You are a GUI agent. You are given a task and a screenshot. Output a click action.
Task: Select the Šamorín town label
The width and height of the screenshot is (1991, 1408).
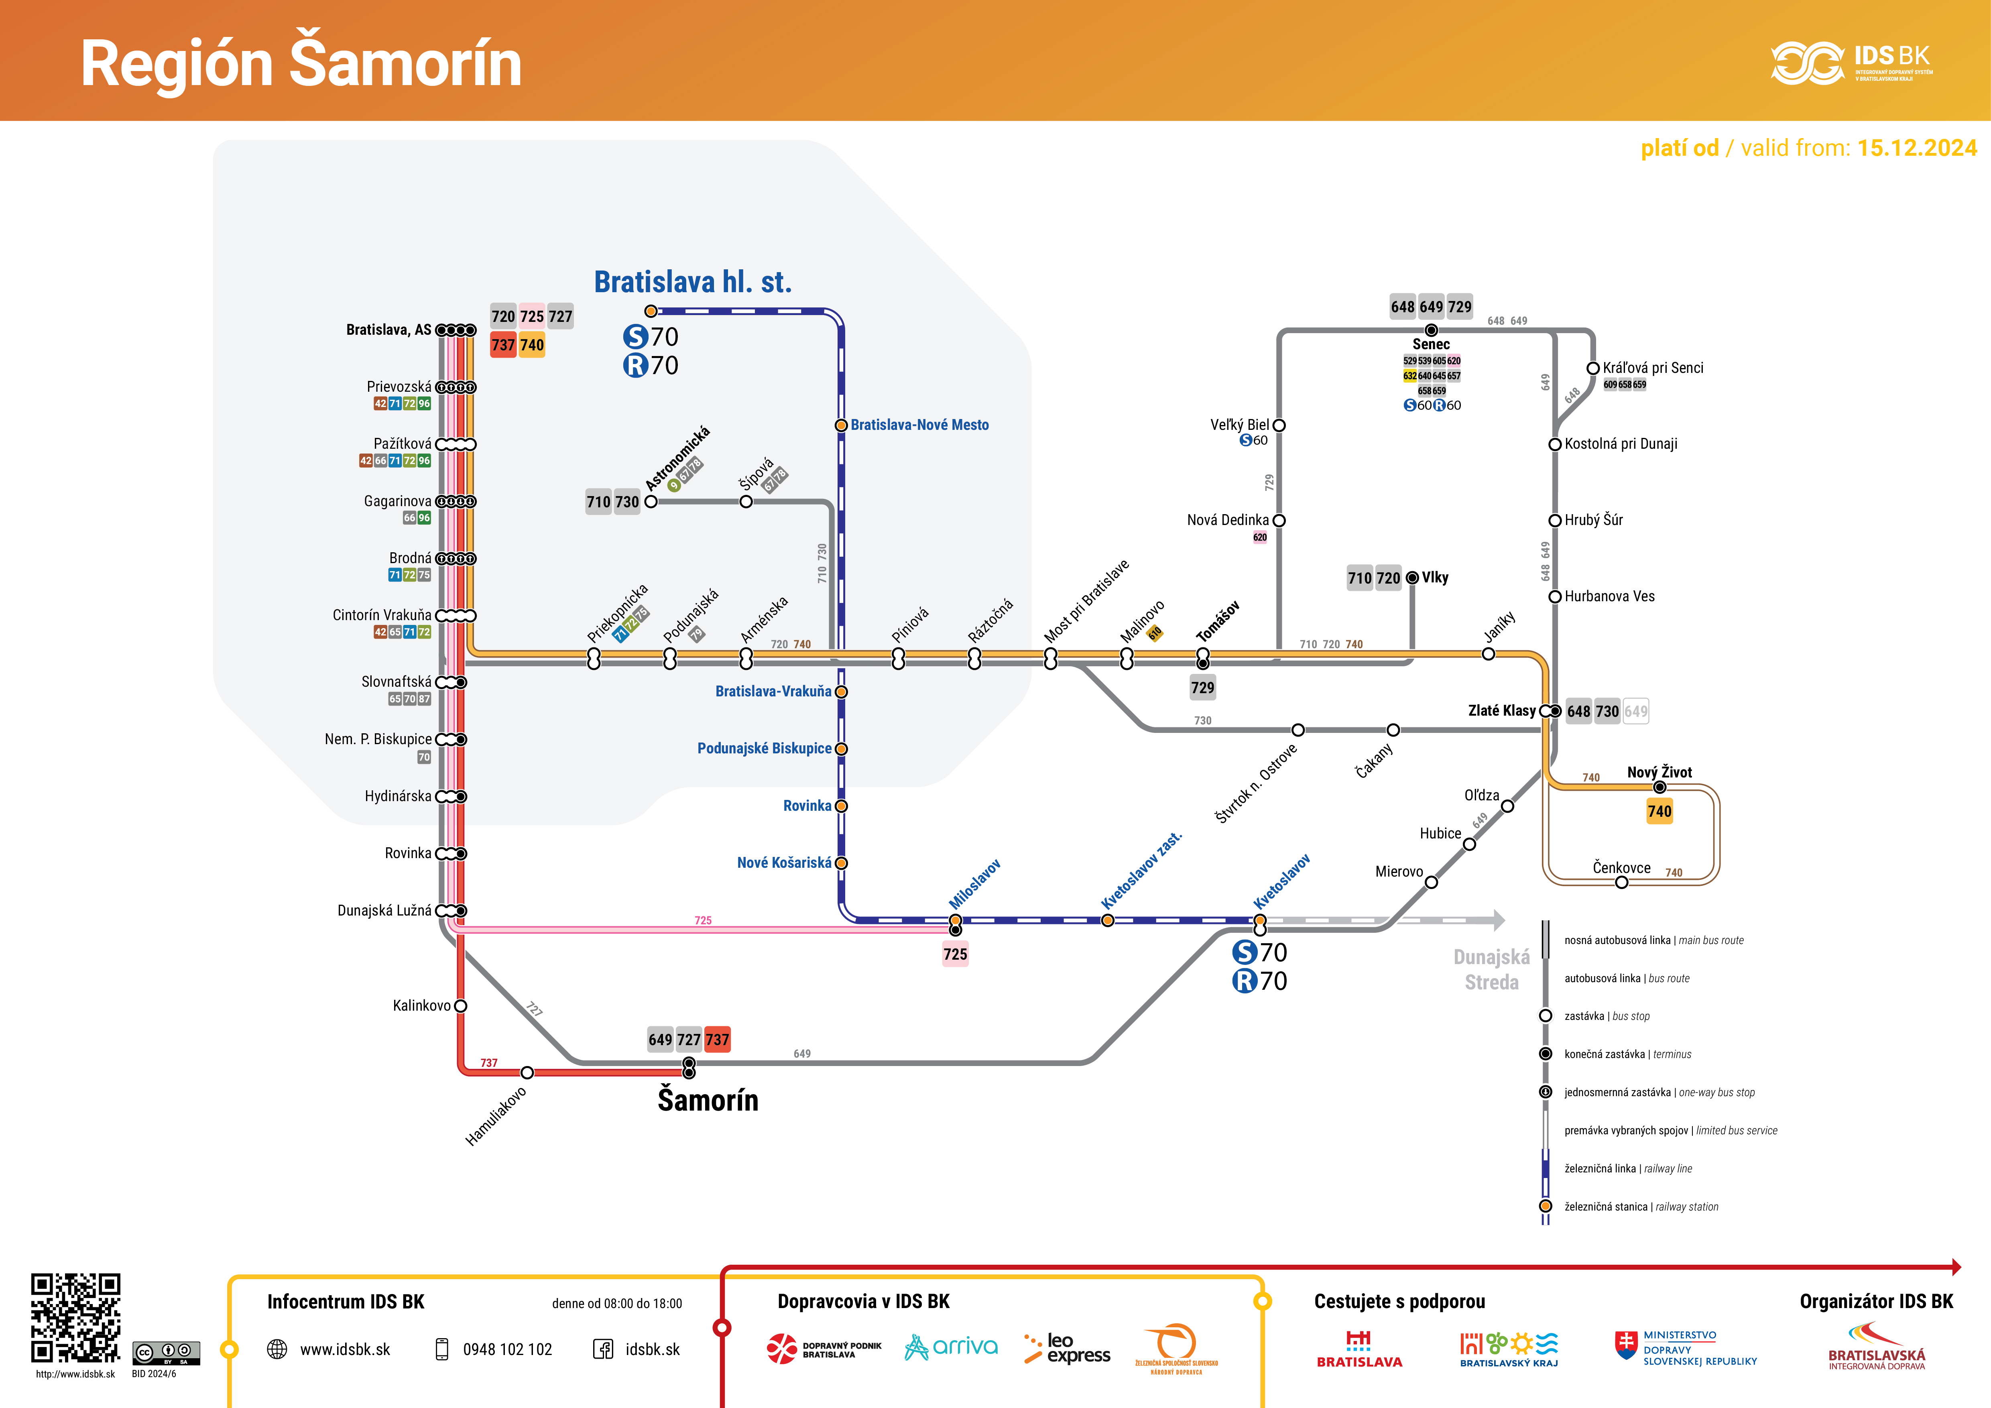click(x=708, y=1100)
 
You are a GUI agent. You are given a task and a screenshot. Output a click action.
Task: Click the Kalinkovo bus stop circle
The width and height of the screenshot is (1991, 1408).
click(x=460, y=1006)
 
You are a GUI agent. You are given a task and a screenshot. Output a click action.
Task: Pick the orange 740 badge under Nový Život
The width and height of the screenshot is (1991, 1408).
click(x=1659, y=812)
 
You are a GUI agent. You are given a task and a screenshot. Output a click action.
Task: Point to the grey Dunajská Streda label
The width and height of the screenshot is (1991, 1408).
click(x=1491, y=969)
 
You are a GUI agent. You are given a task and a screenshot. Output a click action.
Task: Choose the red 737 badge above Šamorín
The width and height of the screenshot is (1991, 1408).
click(x=717, y=1040)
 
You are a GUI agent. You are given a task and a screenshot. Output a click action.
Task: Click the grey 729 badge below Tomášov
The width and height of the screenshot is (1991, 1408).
click(x=1202, y=688)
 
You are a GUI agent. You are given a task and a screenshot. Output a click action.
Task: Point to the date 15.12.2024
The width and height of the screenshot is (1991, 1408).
click(x=1916, y=148)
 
